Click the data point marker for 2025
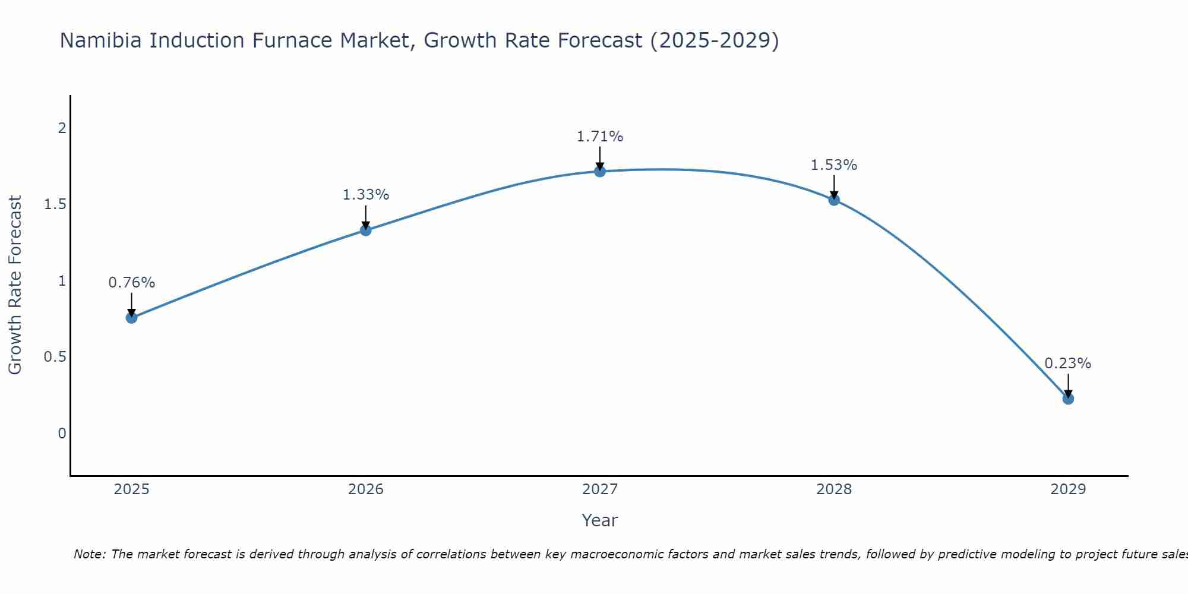[132, 318]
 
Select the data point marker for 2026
[366, 230]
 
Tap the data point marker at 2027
[600, 172]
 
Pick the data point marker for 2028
[834, 200]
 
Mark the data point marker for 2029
[1068, 399]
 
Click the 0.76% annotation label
[132, 283]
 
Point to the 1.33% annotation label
[366, 195]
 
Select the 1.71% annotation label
[600, 137]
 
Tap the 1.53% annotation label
[834, 165]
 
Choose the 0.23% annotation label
[1068, 364]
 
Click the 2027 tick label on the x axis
[600, 489]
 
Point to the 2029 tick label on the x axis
[1068, 489]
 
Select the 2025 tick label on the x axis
[132, 489]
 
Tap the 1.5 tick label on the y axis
[55, 204]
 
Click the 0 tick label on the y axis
[62, 434]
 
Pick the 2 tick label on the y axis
[62, 128]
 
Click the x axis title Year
[600, 520]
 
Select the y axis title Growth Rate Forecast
[15, 285]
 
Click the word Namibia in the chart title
[101, 40]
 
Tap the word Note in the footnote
[89, 554]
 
